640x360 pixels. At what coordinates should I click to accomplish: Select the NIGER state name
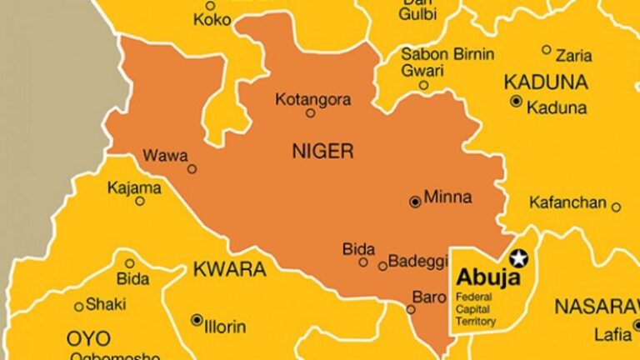pyautogui.click(x=322, y=151)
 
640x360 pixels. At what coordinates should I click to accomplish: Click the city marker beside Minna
pyautogui.click(x=415, y=202)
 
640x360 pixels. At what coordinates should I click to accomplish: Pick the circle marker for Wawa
pyautogui.click(x=192, y=168)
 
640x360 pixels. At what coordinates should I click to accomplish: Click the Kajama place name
pyautogui.click(x=133, y=187)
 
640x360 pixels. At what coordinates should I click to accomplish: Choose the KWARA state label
pyautogui.click(x=229, y=269)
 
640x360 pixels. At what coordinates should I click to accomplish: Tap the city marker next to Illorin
pyautogui.click(x=197, y=319)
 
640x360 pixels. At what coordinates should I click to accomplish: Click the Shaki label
pyautogui.click(x=105, y=304)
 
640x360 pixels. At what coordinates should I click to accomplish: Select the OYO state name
pyautogui.click(x=88, y=338)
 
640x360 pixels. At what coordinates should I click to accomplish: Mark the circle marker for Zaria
pyautogui.click(x=547, y=50)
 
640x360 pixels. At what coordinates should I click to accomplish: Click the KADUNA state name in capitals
pyautogui.click(x=546, y=82)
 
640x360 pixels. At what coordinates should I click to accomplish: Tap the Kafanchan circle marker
pyautogui.click(x=616, y=207)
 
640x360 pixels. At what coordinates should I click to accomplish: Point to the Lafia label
pyautogui.click(x=607, y=335)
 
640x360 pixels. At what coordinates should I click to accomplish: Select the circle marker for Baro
pyautogui.click(x=411, y=309)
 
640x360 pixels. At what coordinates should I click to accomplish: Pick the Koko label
pyautogui.click(x=212, y=20)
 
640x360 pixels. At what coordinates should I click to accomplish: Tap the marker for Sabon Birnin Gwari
pyautogui.click(x=423, y=85)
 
